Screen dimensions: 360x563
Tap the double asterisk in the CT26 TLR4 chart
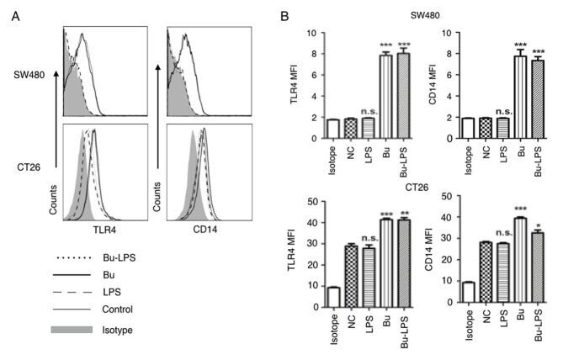[x=406, y=213]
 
